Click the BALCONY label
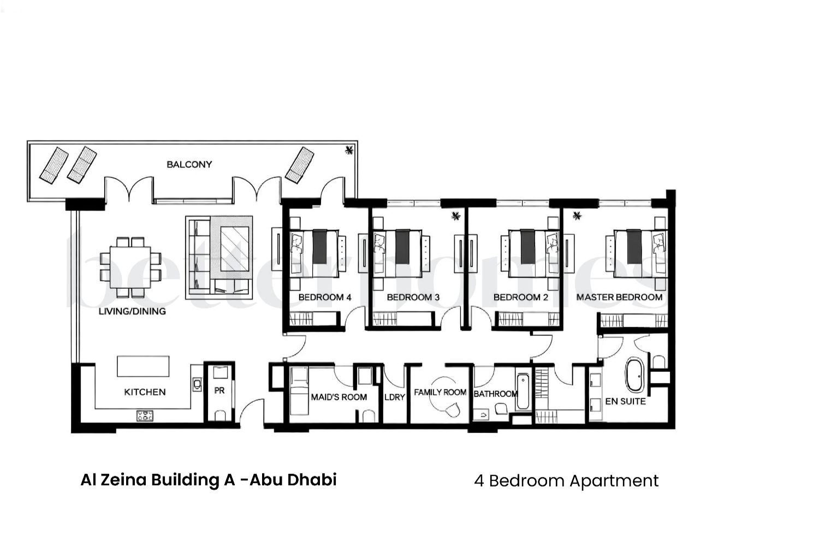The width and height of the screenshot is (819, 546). coord(189,164)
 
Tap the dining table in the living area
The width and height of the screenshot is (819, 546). coord(130,267)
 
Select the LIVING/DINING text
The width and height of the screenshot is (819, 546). coord(132,311)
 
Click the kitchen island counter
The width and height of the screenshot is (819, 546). coord(143,366)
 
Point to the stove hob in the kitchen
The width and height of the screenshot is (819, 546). coord(145,416)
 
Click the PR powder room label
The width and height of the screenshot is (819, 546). coord(219,391)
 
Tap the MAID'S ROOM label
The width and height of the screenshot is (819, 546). coord(339,397)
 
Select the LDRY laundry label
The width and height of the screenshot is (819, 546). coord(394,397)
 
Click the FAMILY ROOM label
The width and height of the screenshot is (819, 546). coord(440,392)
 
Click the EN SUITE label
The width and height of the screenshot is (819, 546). coord(625,401)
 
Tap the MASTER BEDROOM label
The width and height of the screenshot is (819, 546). coord(619,297)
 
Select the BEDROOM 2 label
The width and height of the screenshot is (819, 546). coord(520,297)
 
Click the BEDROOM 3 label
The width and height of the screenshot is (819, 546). coord(413,297)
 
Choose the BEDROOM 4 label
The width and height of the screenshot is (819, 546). coord(324,297)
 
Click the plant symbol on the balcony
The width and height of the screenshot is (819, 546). coord(349,151)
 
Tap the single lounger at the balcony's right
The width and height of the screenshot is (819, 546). coord(300,165)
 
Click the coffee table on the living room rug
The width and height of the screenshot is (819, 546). coord(234,249)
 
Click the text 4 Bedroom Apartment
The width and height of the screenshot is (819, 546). coord(566,480)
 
